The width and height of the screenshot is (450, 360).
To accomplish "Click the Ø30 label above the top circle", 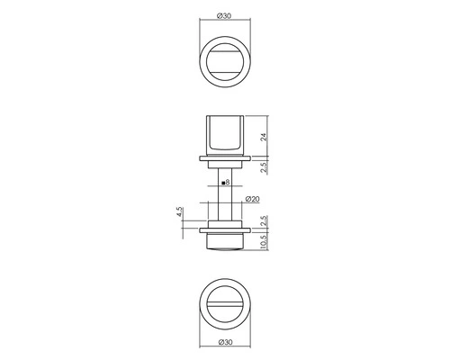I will click(225, 14).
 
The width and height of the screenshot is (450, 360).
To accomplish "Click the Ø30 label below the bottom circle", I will click(225, 344).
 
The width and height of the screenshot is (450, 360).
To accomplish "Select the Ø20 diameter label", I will click(252, 200).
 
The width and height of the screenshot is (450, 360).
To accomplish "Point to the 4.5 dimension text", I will click(180, 213).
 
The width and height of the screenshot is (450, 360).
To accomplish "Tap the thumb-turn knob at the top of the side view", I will click(225, 136).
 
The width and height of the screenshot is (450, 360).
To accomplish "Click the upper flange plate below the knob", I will click(225, 160).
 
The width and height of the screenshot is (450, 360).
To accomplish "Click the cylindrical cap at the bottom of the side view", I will click(225, 242).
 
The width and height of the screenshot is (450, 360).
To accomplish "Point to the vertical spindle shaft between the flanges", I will click(225, 193).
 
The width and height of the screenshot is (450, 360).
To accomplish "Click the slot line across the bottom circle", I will click(225, 302).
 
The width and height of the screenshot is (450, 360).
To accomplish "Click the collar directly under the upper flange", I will click(225, 166).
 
